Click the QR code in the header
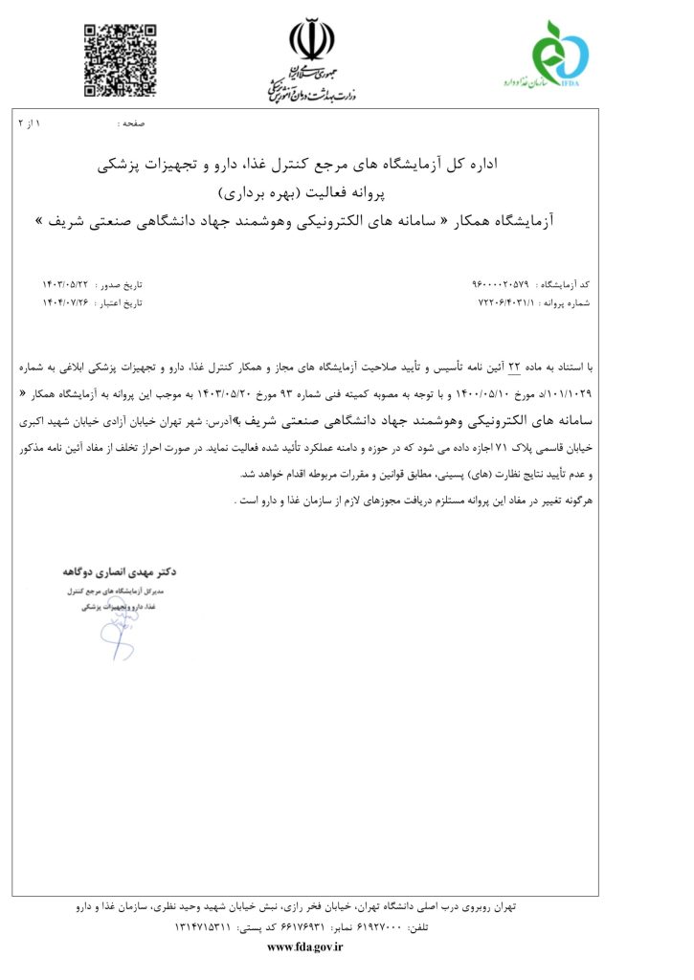(x=120, y=59)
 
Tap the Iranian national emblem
(x=312, y=39)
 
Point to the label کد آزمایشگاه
(x=565, y=284)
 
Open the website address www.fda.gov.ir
(x=304, y=947)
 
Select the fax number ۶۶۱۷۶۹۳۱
(x=304, y=928)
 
